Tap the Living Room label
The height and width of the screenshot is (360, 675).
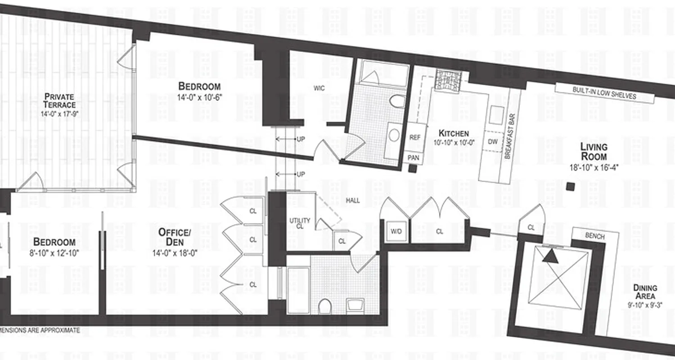click(594, 152)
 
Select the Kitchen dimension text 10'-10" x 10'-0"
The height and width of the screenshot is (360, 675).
click(454, 143)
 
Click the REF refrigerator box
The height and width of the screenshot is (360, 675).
click(415, 137)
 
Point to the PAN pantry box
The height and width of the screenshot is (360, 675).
click(414, 157)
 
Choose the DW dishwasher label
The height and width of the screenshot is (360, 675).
click(492, 141)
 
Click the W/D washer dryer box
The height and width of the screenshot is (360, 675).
click(396, 232)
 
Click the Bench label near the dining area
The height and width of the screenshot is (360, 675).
click(595, 236)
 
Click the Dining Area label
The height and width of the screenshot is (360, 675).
click(645, 292)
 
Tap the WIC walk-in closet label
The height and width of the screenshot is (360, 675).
click(319, 88)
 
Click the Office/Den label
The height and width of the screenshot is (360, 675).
click(175, 237)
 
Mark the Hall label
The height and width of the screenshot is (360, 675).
click(353, 201)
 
